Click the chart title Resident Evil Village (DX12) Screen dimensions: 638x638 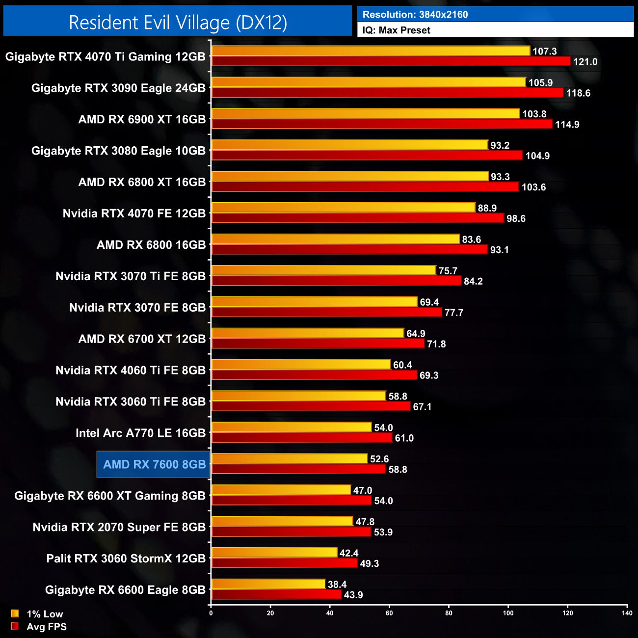point(178,23)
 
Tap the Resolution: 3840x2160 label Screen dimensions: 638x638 point(415,15)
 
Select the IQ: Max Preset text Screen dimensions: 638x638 point(396,30)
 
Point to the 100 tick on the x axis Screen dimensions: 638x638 point(508,613)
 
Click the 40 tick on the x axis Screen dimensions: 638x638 point(330,613)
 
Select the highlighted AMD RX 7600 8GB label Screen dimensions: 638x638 point(154,465)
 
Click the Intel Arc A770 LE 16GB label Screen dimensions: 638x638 point(140,433)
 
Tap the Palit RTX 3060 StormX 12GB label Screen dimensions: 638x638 point(126,558)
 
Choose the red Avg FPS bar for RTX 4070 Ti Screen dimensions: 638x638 point(391,61)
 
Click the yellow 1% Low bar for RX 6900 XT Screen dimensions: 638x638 point(365,114)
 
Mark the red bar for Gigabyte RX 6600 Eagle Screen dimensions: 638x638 point(276,595)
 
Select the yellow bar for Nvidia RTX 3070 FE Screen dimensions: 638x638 point(314,302)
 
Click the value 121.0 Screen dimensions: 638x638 point(585,62)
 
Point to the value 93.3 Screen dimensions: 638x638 point(500,177)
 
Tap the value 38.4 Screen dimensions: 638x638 point(337,585)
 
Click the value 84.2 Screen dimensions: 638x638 point(473,281)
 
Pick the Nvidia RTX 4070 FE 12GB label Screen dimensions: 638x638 point(134,213)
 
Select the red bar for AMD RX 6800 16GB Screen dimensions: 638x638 point(349,250)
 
